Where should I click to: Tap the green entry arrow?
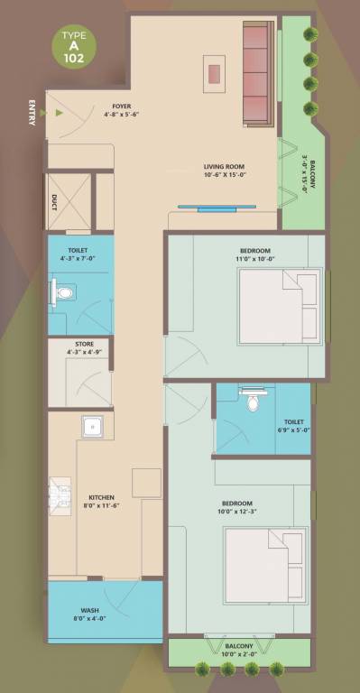click(x=58, y=114)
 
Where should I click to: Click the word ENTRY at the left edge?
click(x=33, y=112)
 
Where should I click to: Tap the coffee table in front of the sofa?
click(x=215, y=72)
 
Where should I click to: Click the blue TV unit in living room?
click(x=210, y=207)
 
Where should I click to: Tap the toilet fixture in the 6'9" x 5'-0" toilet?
click(x=252, y=396)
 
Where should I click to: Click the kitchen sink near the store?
click(x=91, y=427)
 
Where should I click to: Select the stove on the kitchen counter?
click(x=60, y=494)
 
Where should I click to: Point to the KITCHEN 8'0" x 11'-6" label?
click(x=101, y=502)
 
